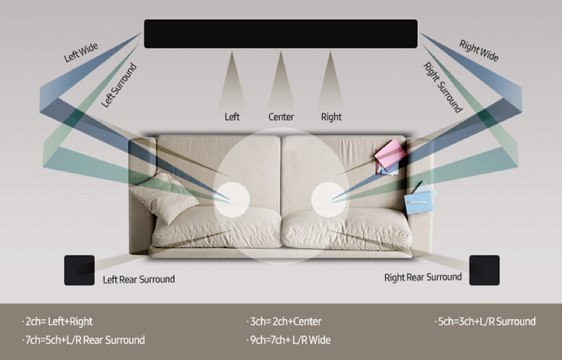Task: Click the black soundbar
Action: [x=280, y=34]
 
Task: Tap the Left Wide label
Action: [x=81, y=52]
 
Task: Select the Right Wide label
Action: [x=479, y=51]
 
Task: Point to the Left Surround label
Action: [x=119, y=85]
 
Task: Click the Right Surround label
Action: [x=443, y=88]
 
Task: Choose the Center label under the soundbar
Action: [x=282, y=117]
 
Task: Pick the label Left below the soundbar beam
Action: [x=232, y=117]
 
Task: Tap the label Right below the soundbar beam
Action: [x=331, y=117]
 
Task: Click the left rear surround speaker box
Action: [x=79, y=270]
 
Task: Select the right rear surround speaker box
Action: [x=484, y=270]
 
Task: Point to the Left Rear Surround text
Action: [x=139, y=279]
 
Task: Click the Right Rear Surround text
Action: [x=423, y=277]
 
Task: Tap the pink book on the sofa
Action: [x=391, y=153]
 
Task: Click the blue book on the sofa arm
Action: [x=419, y=202]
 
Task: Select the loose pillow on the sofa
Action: [x=164, y=198]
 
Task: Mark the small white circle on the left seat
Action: [x=232, y=199]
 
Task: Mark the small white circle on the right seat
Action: [x=328, y=199]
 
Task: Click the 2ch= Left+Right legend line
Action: [x=57, y=321]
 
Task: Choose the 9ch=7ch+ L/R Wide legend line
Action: [x=289, y=340]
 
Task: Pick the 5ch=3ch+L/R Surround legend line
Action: [x=485, y=321]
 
